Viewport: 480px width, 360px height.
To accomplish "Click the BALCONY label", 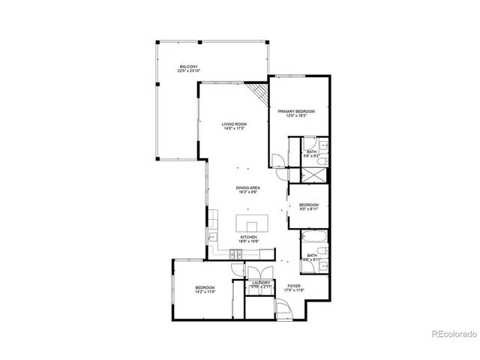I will click(188, 66).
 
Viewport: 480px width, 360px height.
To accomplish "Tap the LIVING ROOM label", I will click(234, 124).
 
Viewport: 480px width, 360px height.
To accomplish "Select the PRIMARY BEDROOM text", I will click(296, 111).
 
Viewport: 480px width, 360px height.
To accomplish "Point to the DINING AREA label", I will click(247, 187).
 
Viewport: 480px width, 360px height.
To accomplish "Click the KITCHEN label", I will click(248, 237).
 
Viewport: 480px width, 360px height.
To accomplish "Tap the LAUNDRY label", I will click(260, 283).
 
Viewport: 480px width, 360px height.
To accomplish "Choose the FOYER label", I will click(294, 285).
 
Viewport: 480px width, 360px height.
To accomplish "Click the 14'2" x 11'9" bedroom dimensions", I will click(205, 292).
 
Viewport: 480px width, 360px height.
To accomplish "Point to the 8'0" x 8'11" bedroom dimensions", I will click(309, 209).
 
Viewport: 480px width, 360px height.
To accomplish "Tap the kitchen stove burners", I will click(237, 255).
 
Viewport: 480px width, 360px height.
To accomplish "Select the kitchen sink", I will click(212, 239).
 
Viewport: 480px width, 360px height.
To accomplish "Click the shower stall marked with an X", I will click(312, 175).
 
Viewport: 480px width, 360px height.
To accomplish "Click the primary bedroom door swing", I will click(278, 161).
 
